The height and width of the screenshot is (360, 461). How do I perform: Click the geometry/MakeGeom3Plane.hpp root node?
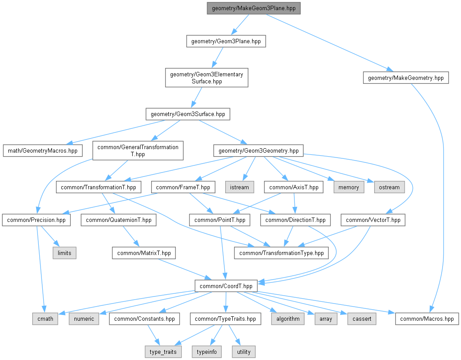pos(253,8)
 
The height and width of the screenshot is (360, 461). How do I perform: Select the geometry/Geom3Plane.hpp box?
pos(226,41)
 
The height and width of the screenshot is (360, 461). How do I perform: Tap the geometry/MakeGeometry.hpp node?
pos(406,78)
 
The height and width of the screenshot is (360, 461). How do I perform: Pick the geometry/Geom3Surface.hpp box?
pos(188,114)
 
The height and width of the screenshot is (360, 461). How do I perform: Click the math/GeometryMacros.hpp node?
pos(43,151)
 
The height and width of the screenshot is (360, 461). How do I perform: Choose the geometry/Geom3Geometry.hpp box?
pos(258,151)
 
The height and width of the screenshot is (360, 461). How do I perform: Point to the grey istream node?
pos(239,187)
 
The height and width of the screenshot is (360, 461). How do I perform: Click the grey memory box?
pos(349,187)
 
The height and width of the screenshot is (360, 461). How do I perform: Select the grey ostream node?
pos(389,187)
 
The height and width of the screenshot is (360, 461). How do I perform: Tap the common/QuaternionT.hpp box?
pos(119,220)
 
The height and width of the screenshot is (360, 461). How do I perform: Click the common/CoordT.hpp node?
pos(226,286)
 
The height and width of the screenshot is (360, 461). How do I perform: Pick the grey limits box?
pos(64,253)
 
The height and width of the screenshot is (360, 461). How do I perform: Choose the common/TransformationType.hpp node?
pos(281,253)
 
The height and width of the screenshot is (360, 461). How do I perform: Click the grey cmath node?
pos(45,319)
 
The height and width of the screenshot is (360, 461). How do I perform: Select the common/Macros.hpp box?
pos(427,319)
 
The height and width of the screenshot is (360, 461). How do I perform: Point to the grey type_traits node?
pos(163,352)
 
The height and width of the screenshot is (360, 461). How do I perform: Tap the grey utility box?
pos(244,352)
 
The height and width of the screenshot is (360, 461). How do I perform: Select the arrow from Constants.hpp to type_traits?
pos(154,335)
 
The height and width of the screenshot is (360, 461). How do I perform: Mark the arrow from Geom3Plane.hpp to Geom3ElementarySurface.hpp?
pos(218,58)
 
